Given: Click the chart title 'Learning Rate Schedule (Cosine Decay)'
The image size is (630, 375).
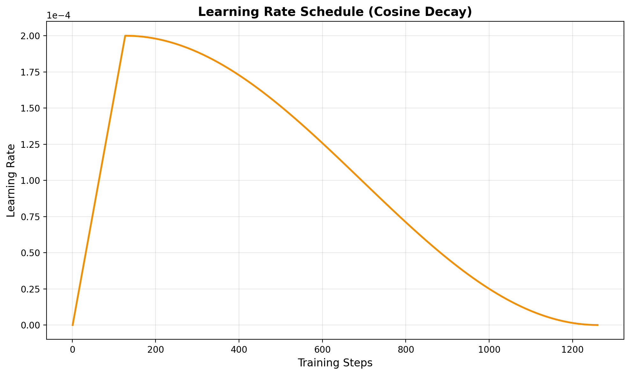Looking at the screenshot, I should [335, 12].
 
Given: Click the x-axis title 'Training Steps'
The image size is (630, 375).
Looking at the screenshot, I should [335, 363].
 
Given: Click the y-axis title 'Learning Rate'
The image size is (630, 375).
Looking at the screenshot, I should [11, 180].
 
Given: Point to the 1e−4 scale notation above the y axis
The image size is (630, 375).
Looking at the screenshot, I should [59, 15].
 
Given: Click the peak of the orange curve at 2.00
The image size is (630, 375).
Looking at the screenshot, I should [126, 36].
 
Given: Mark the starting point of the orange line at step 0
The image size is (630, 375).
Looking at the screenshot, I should [73, 325].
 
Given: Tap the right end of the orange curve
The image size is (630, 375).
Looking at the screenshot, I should [597, 325].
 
